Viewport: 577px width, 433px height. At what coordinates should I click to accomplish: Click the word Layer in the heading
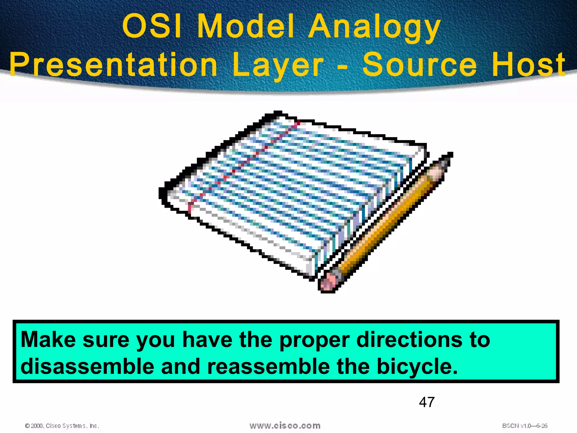point(278,65)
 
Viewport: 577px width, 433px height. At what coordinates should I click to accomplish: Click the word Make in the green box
point(48,340)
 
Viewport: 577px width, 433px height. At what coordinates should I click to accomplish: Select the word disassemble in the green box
point(87,366)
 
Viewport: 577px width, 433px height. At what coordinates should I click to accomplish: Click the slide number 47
point(427,402)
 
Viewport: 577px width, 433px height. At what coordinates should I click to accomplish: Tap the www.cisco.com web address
point(285,425)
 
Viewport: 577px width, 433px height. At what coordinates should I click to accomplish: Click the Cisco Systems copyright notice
point(62,426)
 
